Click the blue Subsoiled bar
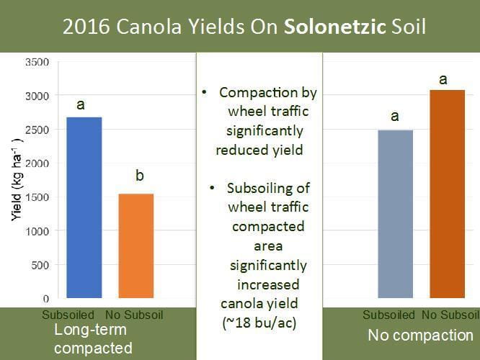pos(84,207)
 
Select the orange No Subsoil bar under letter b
pos(135,246)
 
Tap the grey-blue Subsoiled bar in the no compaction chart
pos(395,214)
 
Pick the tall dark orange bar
pos(448,194)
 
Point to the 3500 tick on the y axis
pos(37,62)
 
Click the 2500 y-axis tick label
pos(37,130)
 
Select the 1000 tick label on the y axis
pos(37,231)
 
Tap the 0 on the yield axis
pos(45,298)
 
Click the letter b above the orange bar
pos(139,176)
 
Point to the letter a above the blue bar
pos(81,105)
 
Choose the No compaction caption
pos(420,336)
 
